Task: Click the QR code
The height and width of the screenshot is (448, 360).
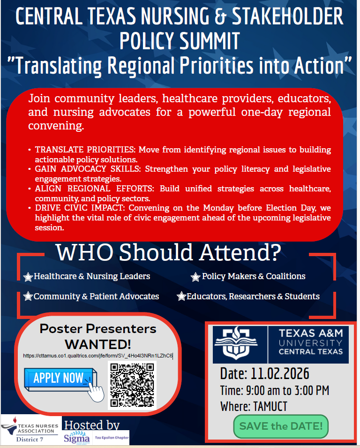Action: pyautogui.click(x=132, y=385)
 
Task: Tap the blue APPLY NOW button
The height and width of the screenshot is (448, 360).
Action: pyautogui.click(x=60, y=379)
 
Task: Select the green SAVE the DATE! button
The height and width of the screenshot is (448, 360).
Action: pyautogui.click(x=281, y=426)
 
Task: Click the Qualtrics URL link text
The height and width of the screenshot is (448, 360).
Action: pyautogui.click(x=98, y=356)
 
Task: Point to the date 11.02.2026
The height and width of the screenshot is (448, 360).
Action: pyautogui.click(x=280, y=374)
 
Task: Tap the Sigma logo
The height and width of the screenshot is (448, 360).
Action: pyautogui.click(x=76, y=437)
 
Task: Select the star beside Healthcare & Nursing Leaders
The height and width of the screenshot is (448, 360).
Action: pyautogui.click(x=28, y=277)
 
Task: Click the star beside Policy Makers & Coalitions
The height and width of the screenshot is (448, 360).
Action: pyautogui.click(x=195, y=277)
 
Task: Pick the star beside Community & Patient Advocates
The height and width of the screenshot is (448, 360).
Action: pyautogui.click(x=28, y=296)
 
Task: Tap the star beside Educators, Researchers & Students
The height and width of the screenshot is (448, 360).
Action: pyautogui.click(x=181, y=296)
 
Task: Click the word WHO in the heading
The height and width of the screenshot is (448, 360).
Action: pyautogui.click(x=84, y=252)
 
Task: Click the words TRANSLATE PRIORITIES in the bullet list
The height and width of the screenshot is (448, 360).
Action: pyautogui.click(x=85, y=150)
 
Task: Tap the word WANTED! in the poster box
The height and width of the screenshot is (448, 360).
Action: pyautogui.click(x=98, y=344)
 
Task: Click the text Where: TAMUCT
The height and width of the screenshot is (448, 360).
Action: pyautogui.click(x=254, y=406)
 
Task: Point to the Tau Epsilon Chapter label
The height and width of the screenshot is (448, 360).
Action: pyautogui.click(x=112, y=438)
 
